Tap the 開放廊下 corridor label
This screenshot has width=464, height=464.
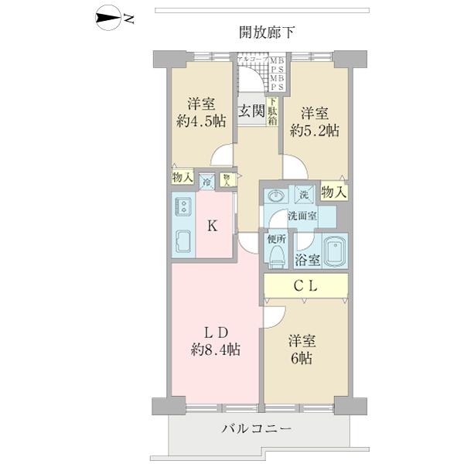[x=268, y=32]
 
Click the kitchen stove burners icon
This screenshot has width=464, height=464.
[x=184, y=207]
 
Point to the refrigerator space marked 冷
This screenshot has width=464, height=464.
[x=207, y=181]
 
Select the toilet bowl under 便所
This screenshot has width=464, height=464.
[x=278, y=256]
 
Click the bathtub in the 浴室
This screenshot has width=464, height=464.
[x=332, y=250]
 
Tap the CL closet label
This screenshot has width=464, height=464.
[x=304, y=285]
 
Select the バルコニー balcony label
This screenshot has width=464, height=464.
[x=257, y=428]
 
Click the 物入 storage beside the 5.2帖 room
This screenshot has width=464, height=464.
[x=333, y=191]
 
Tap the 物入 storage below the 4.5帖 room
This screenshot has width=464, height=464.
[x=183, y=177]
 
